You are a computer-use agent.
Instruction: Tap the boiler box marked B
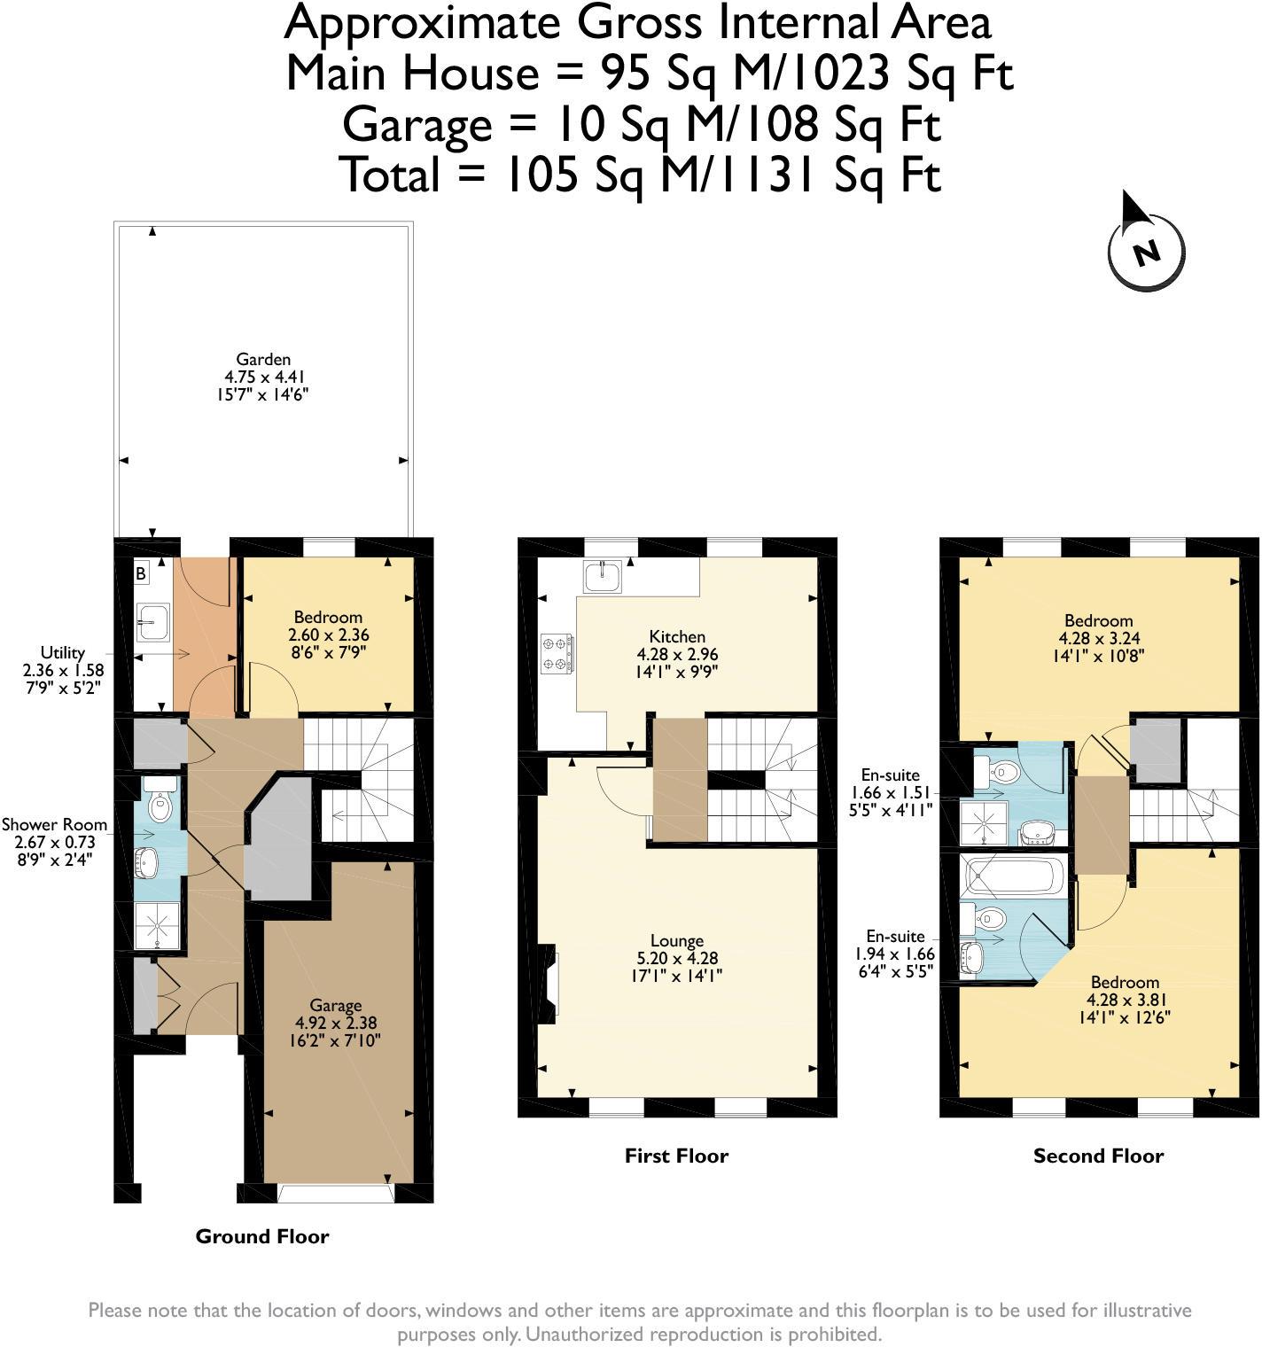pos(140,574)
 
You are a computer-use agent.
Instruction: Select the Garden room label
pos(263,360)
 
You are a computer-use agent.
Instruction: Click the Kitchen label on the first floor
pos(677,636)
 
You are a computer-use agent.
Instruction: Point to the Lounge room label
pos(677,941)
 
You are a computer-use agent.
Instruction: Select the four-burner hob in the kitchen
pos(557,653)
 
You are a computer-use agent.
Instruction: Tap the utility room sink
pos(152,621)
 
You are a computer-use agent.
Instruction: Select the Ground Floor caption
pos(262,1236)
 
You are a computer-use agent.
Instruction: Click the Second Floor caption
pos(1098,1156)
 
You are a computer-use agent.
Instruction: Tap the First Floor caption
pos(676,1156)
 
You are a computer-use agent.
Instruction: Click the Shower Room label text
pos(54,824)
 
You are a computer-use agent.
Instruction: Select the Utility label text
pos(62,652)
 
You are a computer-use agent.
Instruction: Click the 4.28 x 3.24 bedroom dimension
pos(1099,638)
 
